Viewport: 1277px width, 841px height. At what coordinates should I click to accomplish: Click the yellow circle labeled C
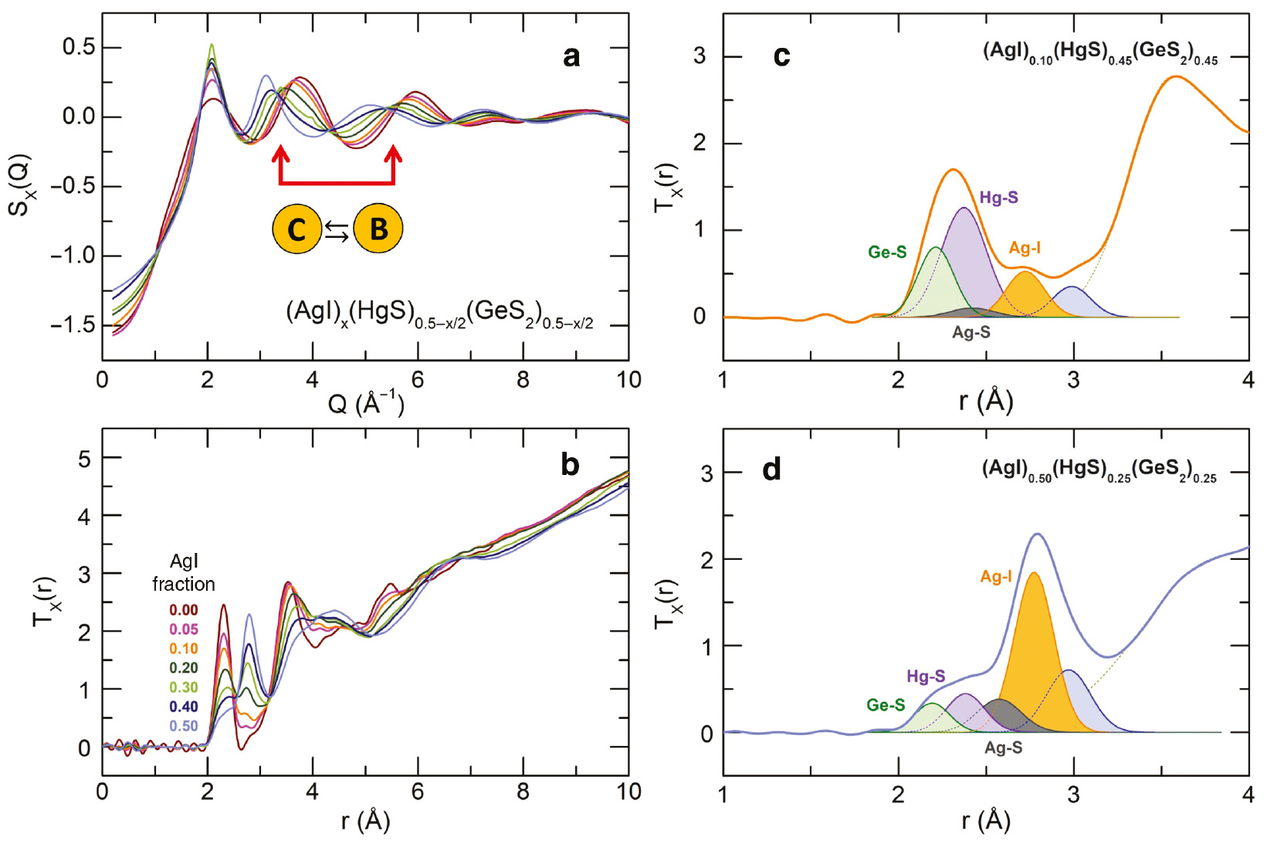click(297, 229)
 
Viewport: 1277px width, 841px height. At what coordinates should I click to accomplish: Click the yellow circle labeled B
click(378, 229)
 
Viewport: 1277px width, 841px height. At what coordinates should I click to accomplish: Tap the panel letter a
click(571, 56)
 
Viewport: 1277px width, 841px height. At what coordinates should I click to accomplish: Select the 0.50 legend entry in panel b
click(184, 726)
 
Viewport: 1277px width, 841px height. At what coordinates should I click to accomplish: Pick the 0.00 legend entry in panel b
click(184, 610)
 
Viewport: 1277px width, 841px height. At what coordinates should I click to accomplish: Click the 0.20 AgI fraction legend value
click(184, 668)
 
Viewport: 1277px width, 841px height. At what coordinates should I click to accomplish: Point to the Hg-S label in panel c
click(998, 198)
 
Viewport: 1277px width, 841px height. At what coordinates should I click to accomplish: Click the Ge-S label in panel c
click(887, 252)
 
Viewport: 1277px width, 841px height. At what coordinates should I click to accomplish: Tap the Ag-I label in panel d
click(996, 577)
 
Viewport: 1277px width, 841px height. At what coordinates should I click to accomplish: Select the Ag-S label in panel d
click(1003, 748)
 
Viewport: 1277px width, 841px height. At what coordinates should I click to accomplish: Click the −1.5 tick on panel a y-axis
click(75, 325)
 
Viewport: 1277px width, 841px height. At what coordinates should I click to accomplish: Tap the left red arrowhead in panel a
click(281, 154)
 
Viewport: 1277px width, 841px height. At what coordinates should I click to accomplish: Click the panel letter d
click(771, 469)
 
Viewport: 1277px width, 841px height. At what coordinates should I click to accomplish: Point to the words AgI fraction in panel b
click(184, 573)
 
